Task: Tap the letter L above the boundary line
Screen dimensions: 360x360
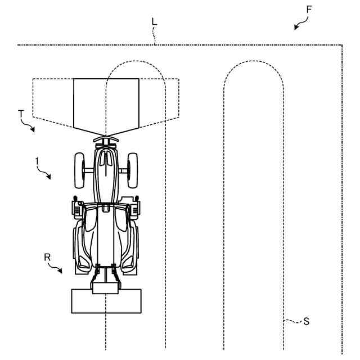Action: pyautogui.click(x=154, y=21)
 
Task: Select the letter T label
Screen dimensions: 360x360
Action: pyautogui.click(x=21, y=114)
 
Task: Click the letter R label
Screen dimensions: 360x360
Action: pyautogui.click(x=48, y=256)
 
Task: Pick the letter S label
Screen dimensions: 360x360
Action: pyautogui.click(x=306, y=321)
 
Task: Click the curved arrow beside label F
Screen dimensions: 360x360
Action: pyautogui.click(x=302, y=22)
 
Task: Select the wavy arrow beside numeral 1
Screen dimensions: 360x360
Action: pyautogui.click(x=44, y=172)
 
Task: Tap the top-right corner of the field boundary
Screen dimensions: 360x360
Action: pyautogui.click(x=342, y=45)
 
